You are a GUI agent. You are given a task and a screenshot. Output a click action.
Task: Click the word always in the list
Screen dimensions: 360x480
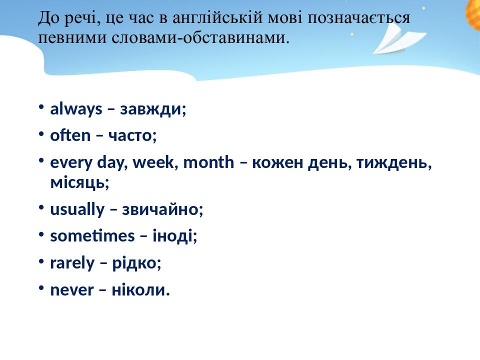76,109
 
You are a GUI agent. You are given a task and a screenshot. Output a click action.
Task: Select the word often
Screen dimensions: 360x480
70,135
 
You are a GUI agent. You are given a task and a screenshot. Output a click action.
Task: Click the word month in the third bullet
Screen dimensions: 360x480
208,162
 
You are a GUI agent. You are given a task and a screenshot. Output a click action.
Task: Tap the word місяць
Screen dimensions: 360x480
79,182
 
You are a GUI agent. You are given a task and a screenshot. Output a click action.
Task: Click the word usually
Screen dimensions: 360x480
77,209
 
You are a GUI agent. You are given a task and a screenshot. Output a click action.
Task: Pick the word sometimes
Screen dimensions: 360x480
92,236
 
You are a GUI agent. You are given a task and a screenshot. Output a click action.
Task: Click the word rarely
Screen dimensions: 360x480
72,263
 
